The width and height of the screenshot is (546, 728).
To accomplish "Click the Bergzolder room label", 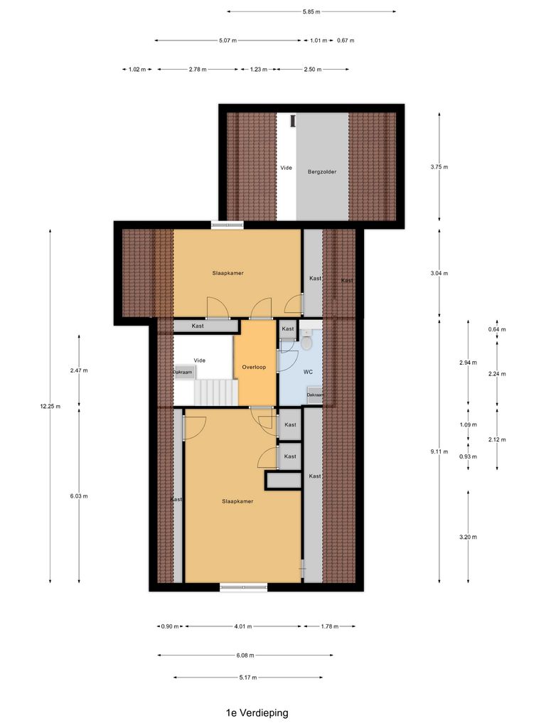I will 322,171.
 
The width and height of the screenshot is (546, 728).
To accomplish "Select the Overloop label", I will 254,368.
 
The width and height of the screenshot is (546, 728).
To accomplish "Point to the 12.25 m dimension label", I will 50,407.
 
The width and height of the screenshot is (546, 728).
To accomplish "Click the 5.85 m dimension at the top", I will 311,11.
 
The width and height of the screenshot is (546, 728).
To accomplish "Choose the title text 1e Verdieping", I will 257,712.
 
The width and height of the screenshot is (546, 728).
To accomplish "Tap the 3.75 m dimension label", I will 440,167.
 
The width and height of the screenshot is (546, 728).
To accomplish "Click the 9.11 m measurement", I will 440,451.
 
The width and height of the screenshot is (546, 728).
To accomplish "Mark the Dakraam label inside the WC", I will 315,395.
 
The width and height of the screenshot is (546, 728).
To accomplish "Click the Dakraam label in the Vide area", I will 182,372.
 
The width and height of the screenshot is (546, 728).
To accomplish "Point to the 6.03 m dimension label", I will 80,496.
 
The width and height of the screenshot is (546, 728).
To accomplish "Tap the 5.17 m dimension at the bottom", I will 248,678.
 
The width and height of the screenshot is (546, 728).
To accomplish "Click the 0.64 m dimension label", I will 497,329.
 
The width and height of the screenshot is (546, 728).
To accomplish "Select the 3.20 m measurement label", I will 469,537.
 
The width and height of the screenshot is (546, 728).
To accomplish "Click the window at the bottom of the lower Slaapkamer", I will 243,587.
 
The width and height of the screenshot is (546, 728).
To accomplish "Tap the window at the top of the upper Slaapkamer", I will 227,225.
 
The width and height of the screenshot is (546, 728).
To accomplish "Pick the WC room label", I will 308,372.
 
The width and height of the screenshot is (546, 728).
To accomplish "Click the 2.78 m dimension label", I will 198,70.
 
